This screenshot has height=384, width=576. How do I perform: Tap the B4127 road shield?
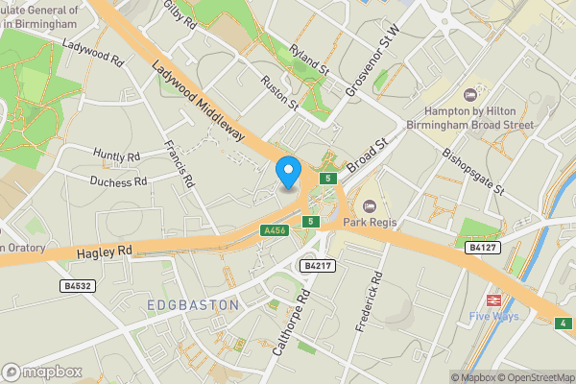click(x=482, y=247)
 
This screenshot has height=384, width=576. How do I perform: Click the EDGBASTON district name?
click(x=193, y=305)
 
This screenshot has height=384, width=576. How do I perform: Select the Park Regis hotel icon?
click(x=370, y=206)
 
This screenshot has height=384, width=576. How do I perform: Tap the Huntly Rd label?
click(x=117, y=155)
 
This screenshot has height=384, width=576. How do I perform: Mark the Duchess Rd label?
click(x=118, y=180)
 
